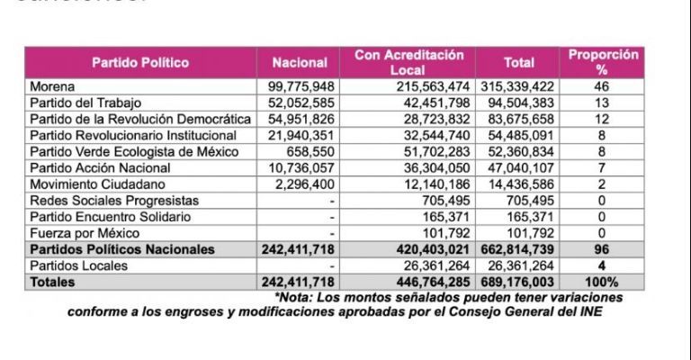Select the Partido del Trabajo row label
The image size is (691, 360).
pos(86,103)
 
